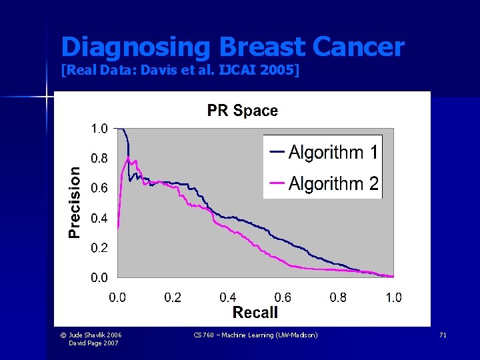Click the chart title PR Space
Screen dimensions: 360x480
pos(242,111)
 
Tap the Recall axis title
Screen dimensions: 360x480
pos(255,312)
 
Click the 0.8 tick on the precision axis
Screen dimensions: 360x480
pos(99,159)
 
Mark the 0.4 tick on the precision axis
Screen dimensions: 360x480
pos(99,218)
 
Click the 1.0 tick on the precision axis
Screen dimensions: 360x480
pos(99,129)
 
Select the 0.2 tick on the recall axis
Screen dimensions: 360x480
pos(173,297)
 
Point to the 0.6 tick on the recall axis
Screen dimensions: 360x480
pos(283,297)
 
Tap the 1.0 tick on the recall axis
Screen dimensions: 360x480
pos(393,297)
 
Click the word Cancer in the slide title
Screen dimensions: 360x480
pos(358,47)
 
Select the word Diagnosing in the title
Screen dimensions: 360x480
pos(135,47)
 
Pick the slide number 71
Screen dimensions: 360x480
pos(443,335)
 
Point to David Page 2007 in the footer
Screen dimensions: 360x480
pos(95,343)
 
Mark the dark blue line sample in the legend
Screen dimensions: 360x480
pos(277,152)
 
